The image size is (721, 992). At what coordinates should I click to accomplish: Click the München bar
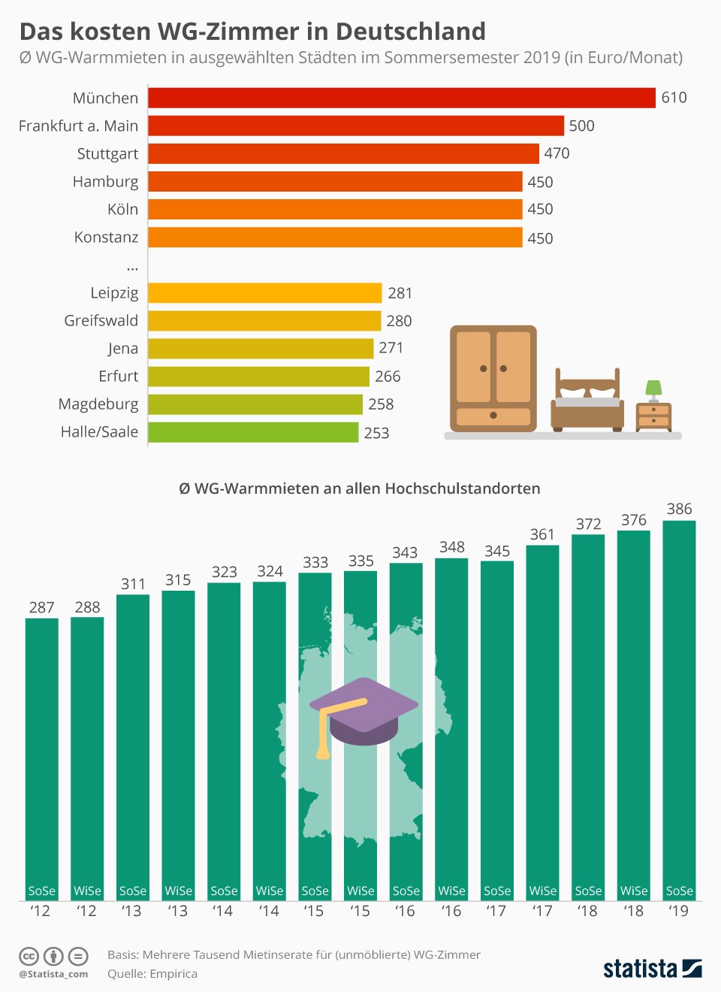tap(402, 98)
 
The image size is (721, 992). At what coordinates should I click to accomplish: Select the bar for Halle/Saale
tap(253, 432)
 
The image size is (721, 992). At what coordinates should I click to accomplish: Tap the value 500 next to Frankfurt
tap(581, 126)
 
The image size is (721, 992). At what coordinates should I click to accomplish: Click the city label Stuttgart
tap(107, 154)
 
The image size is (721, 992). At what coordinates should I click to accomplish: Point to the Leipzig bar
tap(264, 293)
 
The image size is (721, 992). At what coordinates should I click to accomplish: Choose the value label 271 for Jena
tap(391, 348)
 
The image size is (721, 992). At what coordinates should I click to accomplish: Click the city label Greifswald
tap(101, 321)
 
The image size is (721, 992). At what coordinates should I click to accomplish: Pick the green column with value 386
tap(679, 706)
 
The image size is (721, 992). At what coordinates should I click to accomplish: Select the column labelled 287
tap(42, 752)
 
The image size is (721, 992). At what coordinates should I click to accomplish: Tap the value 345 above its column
tap(497, 552)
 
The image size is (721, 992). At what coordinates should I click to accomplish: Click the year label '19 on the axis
tap(678, 911)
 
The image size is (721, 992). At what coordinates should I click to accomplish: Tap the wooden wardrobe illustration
tap(493, 378)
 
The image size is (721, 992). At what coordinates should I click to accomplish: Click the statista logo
tap(652, 968)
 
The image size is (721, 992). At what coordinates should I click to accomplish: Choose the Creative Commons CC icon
tap(29, 957)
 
